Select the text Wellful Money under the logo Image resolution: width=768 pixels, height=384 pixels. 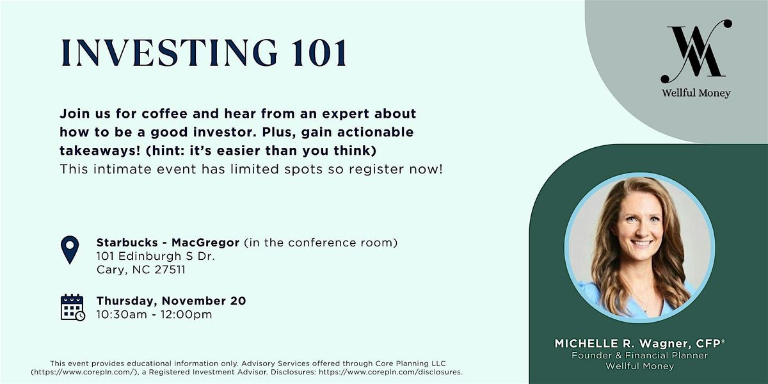[x=696, y=93]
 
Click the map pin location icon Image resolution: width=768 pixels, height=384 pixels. [x=69, y=250]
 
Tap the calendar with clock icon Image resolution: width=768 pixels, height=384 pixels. [x=72, y=307]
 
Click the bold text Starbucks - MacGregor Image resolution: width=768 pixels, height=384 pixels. [x=168, y=243]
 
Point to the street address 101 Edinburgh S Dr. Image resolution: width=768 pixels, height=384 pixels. [x=156, y=256]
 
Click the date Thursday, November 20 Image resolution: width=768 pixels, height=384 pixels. [x=171, y=301]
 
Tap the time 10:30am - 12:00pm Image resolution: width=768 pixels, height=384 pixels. [x=154, y=314]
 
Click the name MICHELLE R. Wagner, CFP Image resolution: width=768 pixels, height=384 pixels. [x=639, y=344]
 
